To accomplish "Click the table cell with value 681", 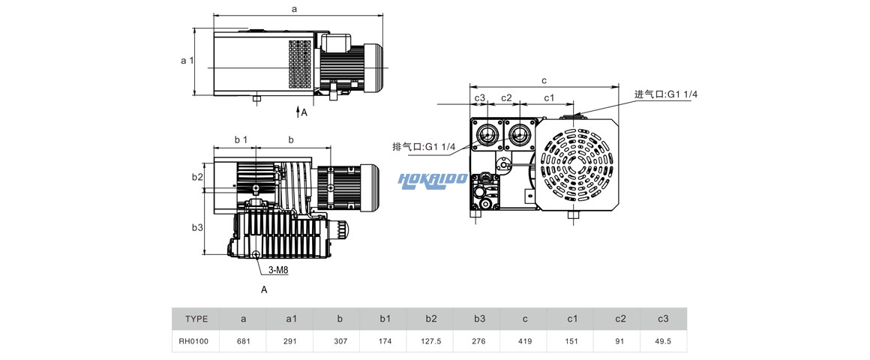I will (243, 341).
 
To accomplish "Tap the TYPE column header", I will (196, 319).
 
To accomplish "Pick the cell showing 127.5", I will (431, 341).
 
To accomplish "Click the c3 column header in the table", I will (663, 319).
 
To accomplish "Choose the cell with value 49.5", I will (663, 341).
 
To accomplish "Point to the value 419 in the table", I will (525, 341).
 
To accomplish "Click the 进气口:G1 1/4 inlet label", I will (666, 94).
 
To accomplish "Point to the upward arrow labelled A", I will (298, 112).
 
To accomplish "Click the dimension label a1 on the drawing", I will (187, 61).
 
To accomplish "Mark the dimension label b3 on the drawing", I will (197, 227).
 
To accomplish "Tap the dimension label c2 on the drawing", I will (506, 98).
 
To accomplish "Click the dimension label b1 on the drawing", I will (240, 139).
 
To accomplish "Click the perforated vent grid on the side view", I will (299, 64).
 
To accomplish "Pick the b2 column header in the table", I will (431, 319).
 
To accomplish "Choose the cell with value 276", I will (479, 341).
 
